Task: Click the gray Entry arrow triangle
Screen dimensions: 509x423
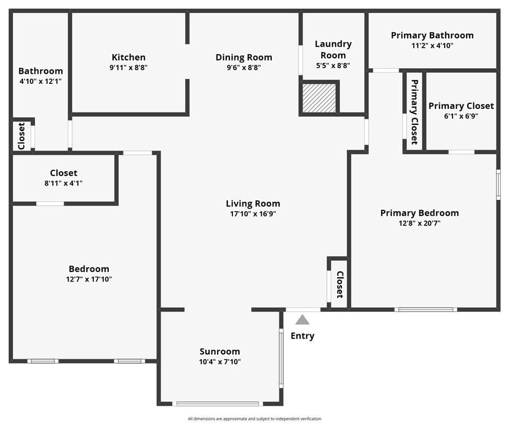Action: point(302,320)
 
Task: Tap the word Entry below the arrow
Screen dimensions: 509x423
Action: point(302,336)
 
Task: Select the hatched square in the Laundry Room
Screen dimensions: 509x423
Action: point(319,98)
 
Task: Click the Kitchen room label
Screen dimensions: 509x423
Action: point(128,57)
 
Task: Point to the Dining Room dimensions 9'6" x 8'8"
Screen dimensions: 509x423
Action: point(244,68)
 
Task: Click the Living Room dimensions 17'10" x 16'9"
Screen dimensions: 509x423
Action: point(253,214)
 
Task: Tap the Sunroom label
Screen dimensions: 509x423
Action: point(220,352)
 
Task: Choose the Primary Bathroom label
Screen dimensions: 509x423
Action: point(432,36)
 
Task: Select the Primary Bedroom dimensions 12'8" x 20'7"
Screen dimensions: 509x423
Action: point(419,223)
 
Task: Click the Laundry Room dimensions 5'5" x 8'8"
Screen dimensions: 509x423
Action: point(333,66)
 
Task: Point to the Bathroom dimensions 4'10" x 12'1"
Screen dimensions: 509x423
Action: point(40,81)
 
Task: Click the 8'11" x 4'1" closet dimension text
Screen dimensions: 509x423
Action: point(63,183)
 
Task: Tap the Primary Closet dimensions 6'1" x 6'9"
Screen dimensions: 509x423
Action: point(461,116)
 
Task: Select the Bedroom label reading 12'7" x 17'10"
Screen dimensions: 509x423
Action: point(89,279)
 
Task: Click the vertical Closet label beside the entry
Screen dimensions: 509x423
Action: point(339,285)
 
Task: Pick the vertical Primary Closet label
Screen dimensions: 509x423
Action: point(414,112)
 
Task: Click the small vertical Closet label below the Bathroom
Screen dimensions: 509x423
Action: point(21,136)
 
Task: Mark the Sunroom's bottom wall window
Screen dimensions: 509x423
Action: point(217,404)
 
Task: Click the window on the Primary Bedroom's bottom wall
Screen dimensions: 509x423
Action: point(426,310)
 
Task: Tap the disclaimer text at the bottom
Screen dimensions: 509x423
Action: point(255,419)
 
